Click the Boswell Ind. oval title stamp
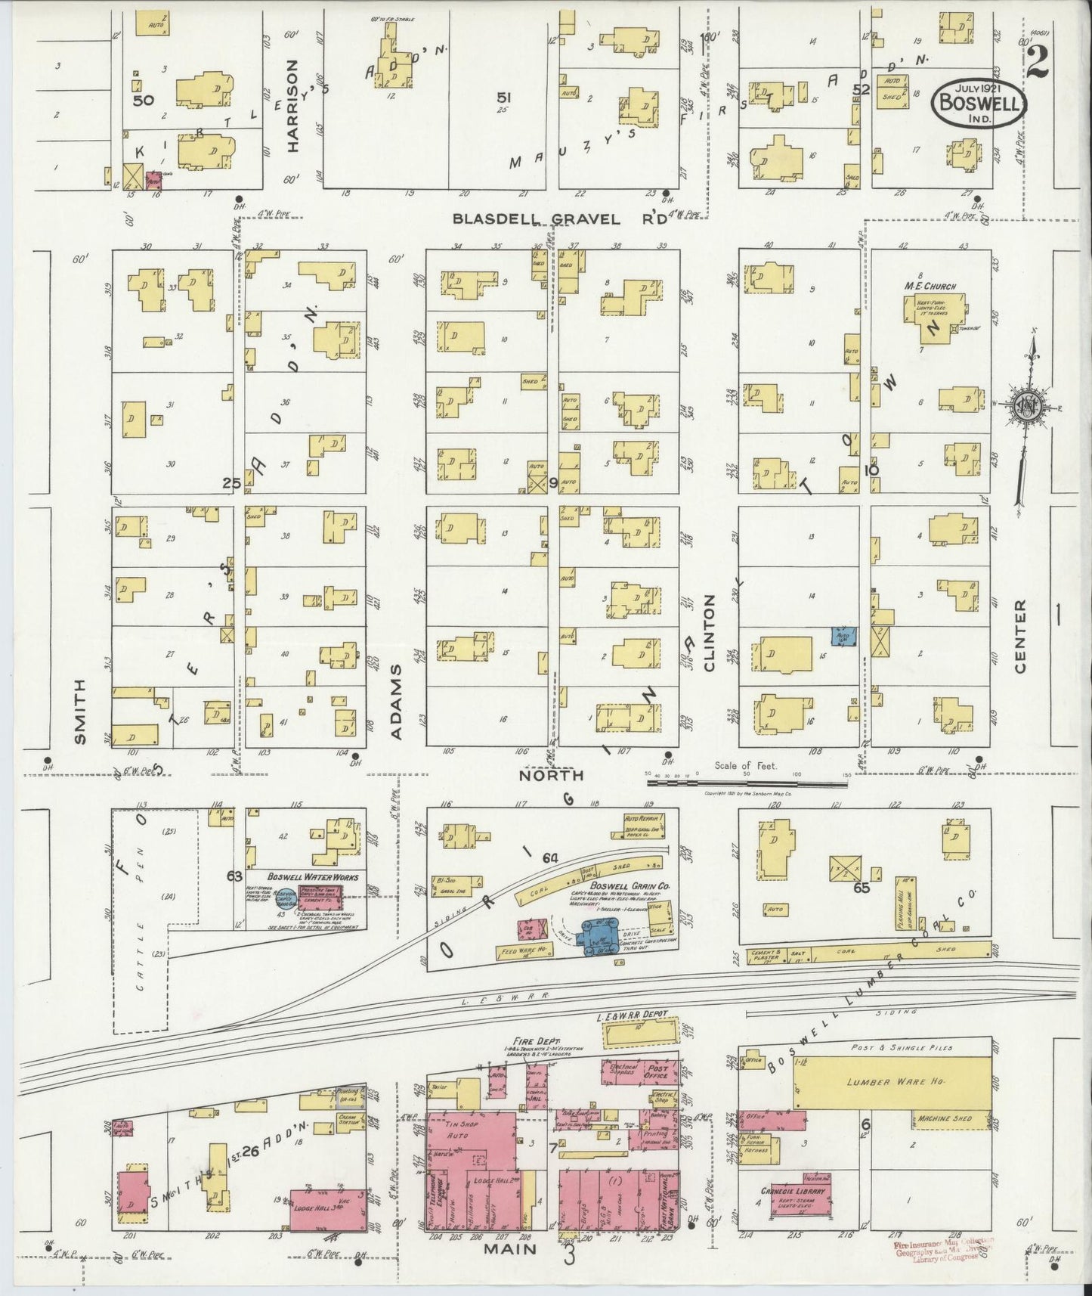click(979, 105)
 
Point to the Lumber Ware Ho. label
click(891, 1084)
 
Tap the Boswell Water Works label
click(312, 876)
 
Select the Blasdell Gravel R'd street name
click(560, 219)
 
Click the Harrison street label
click(292, 107)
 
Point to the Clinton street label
click(709, 634)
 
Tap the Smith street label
click(81, 712)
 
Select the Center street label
click(1021, 637)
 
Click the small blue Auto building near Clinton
click(843, 635)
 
